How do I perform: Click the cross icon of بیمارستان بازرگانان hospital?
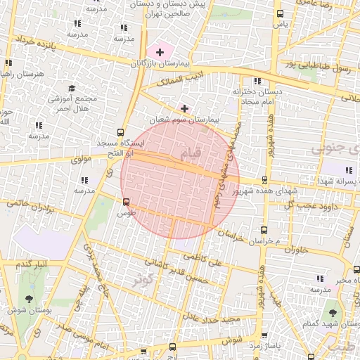pyautogui.click(x=160, y=51)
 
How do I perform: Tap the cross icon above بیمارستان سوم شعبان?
pyautogui.click(x=185, y=108)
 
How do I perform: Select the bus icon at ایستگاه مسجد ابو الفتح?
pyautogui.click(x=121, y=131)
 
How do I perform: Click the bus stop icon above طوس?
pyautogui.click(x=126, y=202)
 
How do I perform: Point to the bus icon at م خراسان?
pyautogui.click(x=264, y=230)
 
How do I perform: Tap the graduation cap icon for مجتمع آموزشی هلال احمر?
pyautogui.click(x=71, y=88)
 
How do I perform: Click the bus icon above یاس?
pyautogui.click(x=281, y=13)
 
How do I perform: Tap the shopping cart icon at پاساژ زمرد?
pyautogui.click(x=264, y=336)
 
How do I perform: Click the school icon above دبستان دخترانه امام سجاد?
pyautogui.click(x=257, y=82)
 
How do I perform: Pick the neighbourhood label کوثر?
pyautogui.click(x=146, y=278)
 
